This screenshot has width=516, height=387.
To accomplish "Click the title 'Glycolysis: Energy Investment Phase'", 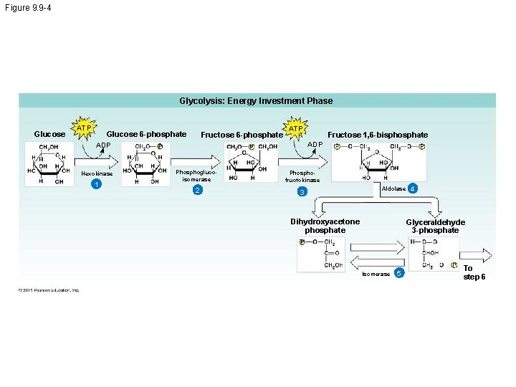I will tap(256, 101).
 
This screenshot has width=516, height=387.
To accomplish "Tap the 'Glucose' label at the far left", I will tap(49, 134).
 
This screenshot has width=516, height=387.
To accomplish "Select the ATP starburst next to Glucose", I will tap(85, 128).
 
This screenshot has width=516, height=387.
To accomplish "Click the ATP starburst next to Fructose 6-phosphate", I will tap(295, 128).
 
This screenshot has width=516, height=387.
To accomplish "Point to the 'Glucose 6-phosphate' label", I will tap(146, 134).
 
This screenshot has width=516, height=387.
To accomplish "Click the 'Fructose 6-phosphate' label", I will tap(242, 135).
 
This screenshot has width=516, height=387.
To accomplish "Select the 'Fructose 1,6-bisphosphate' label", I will tap(378, 135).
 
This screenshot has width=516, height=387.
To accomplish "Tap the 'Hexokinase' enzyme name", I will tap(96, 174).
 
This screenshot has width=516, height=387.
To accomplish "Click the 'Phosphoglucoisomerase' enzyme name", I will tap(192, 176).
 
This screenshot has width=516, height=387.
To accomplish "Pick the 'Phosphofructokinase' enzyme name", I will tap(302, 176).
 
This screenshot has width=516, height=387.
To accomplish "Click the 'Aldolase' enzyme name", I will tap(394, 188).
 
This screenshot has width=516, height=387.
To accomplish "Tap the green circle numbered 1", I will tap(96, 186).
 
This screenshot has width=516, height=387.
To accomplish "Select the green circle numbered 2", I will tap(197, 190).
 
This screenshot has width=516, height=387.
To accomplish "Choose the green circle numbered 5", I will tap(400, 274).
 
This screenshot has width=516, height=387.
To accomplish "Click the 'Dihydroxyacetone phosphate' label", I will tap(325, 226).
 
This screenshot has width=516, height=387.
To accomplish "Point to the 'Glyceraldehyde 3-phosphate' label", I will tap(435, 226).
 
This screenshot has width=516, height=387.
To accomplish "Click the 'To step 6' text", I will tap(474, 272).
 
